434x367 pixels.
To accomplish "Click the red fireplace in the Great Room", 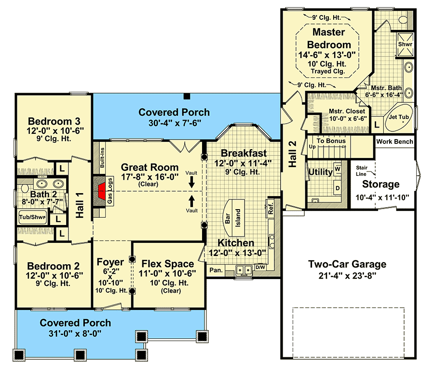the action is pos(102,191).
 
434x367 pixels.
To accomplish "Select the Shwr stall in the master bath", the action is pos(405,44).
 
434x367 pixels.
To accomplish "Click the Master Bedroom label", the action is pos(329,38).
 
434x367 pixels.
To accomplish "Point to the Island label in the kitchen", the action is pos(238,218).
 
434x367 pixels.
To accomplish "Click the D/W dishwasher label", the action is pos(260,267).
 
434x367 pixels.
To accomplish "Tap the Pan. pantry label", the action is pos(216,270).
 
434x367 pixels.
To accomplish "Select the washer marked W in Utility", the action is pos(338,169).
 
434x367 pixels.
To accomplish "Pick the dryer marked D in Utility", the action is pos(338,188).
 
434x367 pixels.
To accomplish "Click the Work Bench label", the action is pos(394,141).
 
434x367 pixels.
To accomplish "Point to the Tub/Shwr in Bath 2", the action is pos(32,217).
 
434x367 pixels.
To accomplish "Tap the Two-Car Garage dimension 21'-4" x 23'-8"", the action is pos(347,276).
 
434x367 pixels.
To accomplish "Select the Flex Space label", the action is pos(168,264).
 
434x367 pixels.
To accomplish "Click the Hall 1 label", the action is pos(80,205).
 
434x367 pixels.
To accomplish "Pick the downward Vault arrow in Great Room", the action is pos(191,183).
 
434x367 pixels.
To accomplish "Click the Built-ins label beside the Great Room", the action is pos(102,157).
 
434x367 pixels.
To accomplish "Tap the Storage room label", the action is pos(381,184).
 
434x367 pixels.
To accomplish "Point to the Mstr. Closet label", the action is pos(347,111).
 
